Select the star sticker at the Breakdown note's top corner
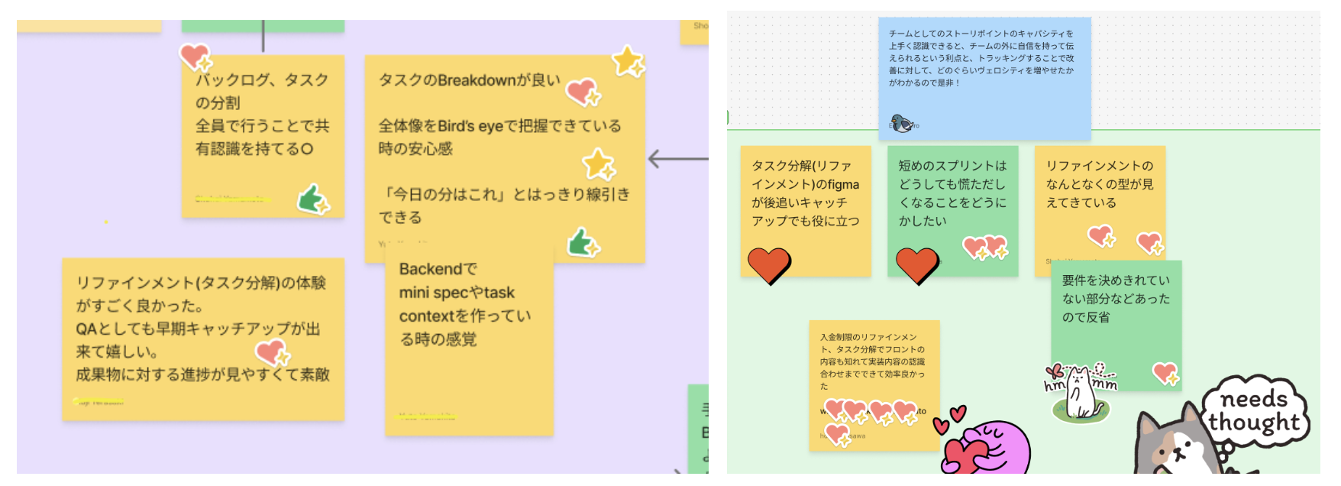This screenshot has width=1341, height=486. point(628,61)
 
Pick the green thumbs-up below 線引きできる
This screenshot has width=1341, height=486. point(583,242)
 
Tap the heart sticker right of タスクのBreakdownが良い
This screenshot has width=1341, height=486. point(583,92)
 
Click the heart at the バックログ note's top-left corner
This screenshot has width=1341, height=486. point(195,56)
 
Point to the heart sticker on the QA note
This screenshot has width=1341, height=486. point(271,352)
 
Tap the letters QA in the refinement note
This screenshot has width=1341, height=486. point(86,329)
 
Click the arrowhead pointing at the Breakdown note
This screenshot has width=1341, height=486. point(653,159)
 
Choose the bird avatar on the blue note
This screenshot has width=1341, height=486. point(902,123)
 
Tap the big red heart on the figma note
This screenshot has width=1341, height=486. point(768,265)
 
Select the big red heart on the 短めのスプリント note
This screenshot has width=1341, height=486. point(916,265)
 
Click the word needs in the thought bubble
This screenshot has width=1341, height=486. point(1253,399)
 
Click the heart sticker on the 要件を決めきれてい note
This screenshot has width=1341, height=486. point(1165,372)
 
